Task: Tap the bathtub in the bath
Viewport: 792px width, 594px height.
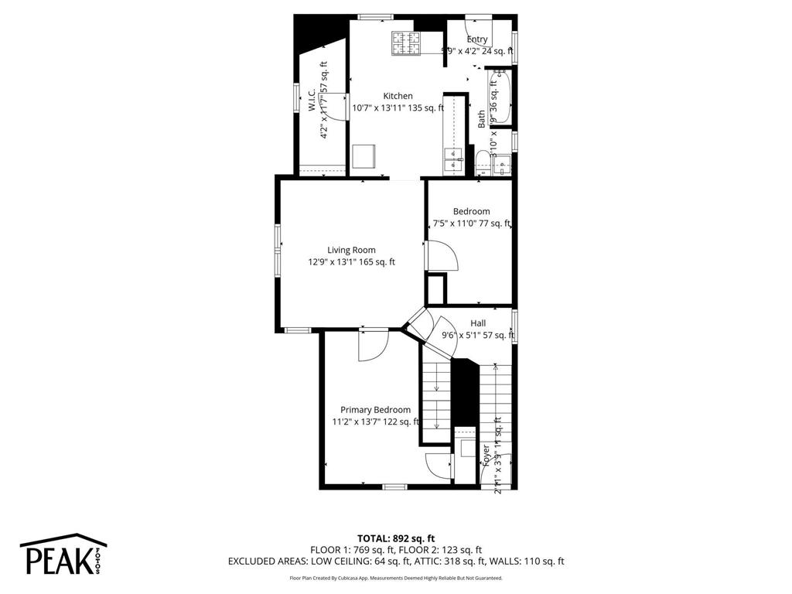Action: point(500,98)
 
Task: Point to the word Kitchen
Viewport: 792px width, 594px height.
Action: point(398,96)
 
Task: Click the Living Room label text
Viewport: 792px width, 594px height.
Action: point(351,250)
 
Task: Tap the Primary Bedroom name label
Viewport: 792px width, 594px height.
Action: point(375,410)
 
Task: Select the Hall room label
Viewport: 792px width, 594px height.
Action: point(478,323)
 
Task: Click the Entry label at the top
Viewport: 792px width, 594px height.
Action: point(477,39)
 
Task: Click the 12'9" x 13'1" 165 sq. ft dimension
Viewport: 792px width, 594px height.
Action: point(351,262)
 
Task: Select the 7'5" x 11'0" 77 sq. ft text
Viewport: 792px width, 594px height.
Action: point(471,224)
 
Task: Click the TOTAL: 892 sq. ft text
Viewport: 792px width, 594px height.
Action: point(396,538)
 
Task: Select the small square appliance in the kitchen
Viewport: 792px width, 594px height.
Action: point(364,157)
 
